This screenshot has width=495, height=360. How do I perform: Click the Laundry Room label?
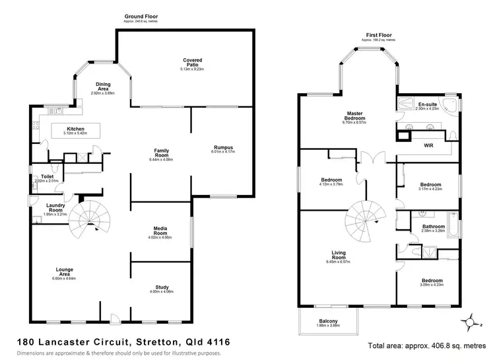(55, 208)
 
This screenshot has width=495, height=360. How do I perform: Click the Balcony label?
(327, 322)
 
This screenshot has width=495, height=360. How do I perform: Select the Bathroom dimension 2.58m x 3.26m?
(433, 233)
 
